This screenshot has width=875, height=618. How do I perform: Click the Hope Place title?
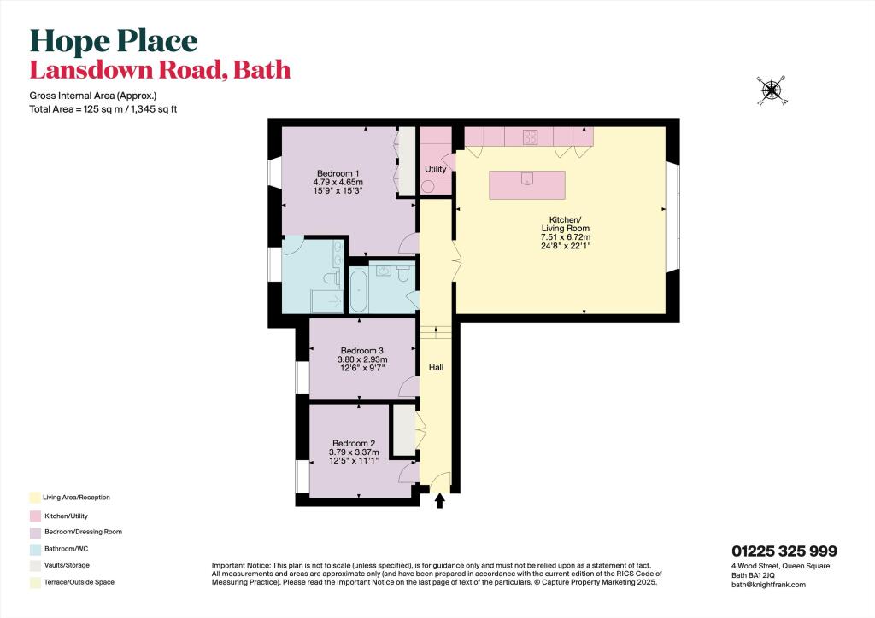114,41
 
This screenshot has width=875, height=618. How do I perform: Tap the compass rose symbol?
772,90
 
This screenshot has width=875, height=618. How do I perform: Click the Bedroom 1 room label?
338,173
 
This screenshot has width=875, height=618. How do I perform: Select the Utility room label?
435,169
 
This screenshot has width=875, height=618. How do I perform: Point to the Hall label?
437,367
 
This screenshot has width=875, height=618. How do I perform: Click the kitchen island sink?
526,178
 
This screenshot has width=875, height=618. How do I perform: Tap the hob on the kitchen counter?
530,137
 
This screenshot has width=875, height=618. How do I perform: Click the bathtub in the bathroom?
358,289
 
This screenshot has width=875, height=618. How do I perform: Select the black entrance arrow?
440,500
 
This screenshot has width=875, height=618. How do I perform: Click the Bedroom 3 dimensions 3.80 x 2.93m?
362,359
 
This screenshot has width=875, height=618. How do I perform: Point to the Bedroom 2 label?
354,444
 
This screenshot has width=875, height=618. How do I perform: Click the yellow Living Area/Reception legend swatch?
35,498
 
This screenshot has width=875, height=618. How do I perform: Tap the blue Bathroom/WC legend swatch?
35,550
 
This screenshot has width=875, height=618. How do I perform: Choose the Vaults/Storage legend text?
67,565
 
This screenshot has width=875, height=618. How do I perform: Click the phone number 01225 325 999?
784,551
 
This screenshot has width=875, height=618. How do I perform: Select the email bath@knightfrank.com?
768,585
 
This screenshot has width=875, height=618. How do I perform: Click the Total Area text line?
103,109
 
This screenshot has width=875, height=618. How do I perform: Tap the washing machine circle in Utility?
428,186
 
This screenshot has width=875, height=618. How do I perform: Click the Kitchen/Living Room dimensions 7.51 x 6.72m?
566,236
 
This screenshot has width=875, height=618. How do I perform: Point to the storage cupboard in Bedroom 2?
404,429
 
